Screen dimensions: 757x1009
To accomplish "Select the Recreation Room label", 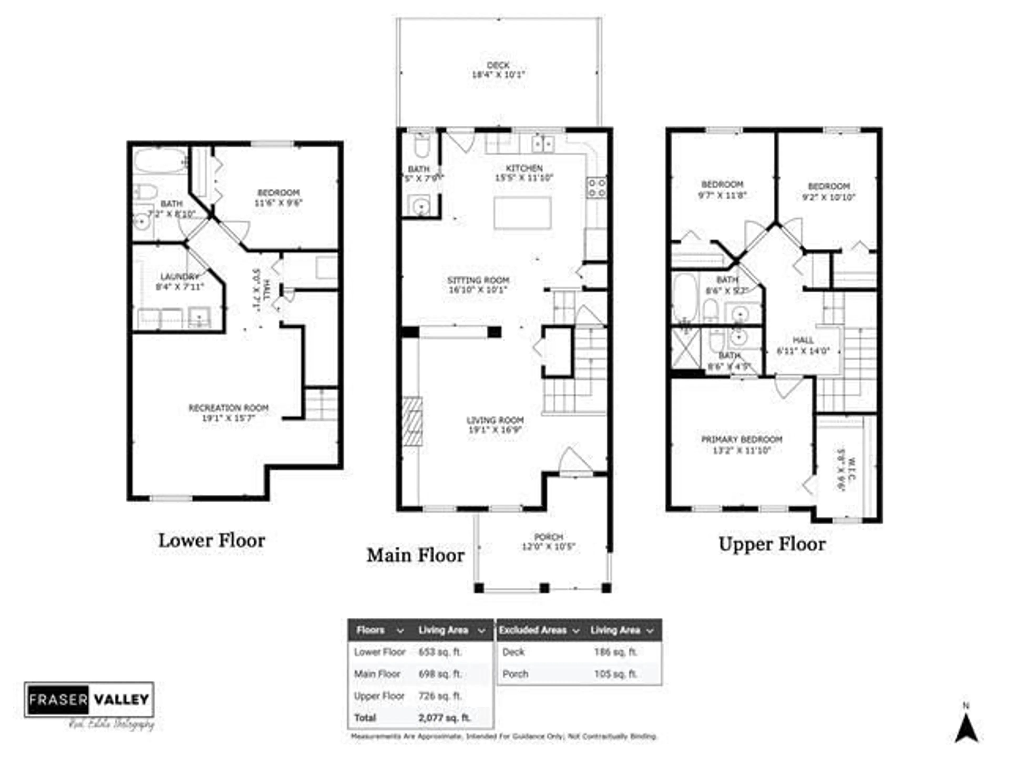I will (229, 408).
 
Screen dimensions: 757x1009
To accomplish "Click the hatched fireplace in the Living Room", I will (412, 421).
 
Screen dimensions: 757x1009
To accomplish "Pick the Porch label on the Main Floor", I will (548, 537).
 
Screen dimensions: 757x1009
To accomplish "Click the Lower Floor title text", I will (212, 541).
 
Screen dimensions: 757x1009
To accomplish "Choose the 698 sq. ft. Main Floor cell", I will (440, 674).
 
